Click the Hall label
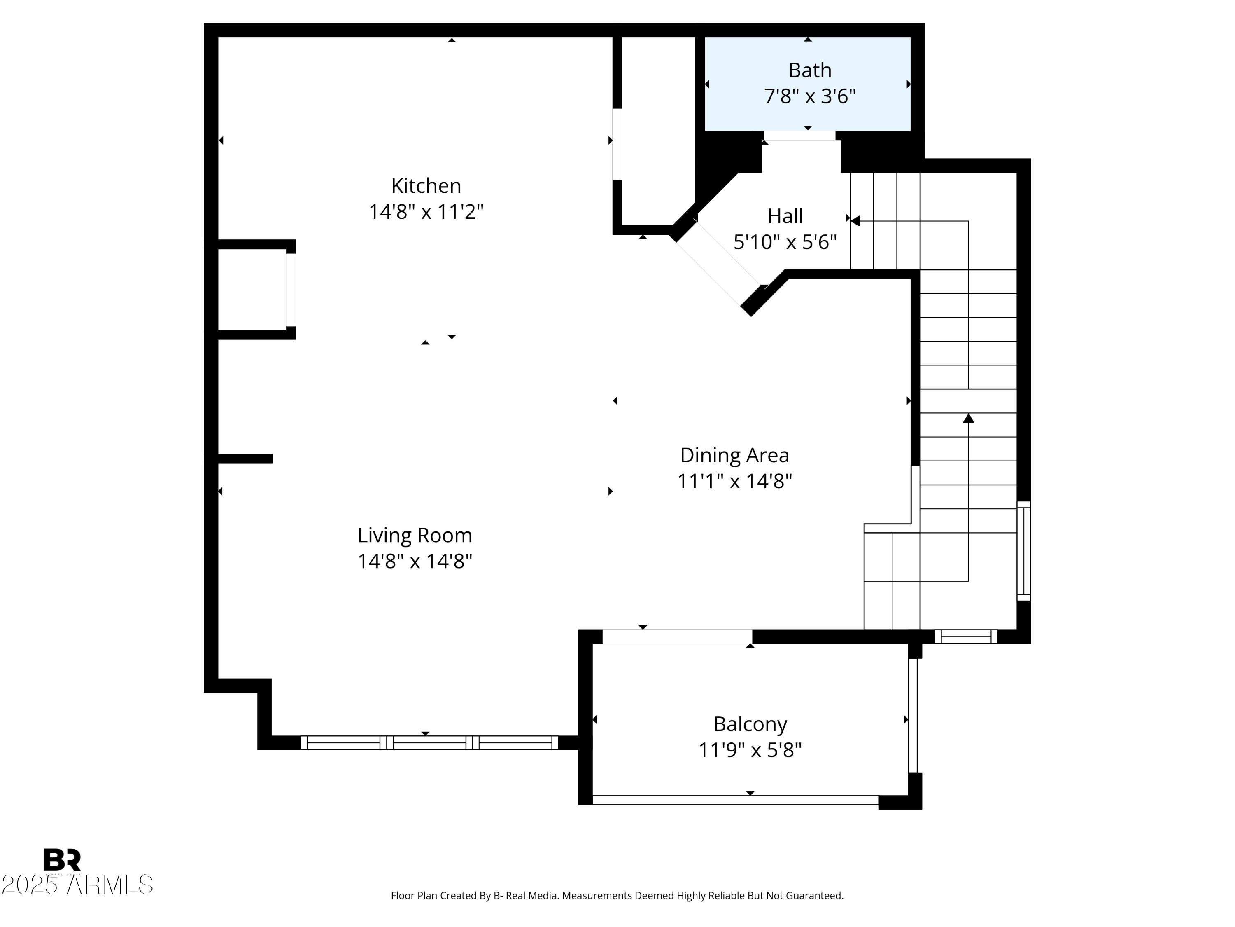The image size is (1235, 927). tap(785, 216)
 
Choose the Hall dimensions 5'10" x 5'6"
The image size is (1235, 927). tap(785, 242)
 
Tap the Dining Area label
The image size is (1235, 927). tap(734, 455)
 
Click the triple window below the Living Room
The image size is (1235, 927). tap(429, 742)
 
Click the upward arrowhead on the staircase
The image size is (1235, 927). tap(968, 418)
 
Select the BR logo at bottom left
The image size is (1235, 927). tap(62, 859)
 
